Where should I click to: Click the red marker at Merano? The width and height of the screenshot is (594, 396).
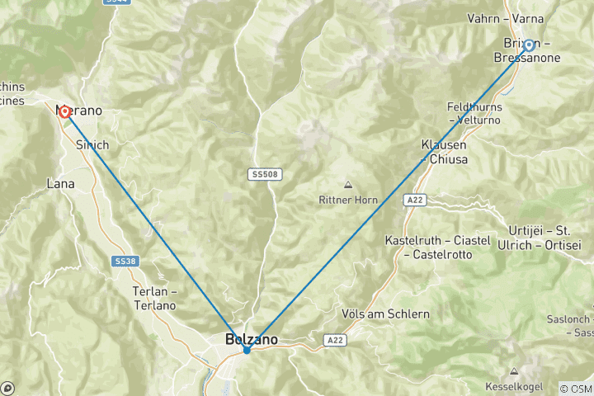[64, 111]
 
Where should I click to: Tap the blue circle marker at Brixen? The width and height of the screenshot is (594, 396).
[529, 45]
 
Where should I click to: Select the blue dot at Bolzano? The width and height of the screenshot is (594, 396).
[247, 350]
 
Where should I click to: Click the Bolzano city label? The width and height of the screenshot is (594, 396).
[252, 338]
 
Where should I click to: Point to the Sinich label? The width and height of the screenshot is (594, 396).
[92, 144]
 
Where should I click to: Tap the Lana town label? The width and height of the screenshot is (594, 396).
[61, 184]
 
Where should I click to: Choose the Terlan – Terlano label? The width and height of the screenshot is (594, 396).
[154, 299]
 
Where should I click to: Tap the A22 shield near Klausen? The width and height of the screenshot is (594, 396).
[414, 199]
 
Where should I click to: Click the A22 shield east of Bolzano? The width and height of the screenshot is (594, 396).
[333, 339]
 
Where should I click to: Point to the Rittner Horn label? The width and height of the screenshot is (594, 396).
[346, 200]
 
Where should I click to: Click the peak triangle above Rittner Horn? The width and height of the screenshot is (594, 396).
[347, 185]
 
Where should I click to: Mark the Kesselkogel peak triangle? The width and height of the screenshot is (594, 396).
[515, 371]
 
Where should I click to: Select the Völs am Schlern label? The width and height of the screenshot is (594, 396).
[385, 314]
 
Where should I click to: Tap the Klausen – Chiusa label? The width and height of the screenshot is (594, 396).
[444, 151]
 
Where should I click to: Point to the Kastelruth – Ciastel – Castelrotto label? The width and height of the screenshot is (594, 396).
[438, 247]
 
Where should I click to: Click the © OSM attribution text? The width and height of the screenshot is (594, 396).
[576, 388]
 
